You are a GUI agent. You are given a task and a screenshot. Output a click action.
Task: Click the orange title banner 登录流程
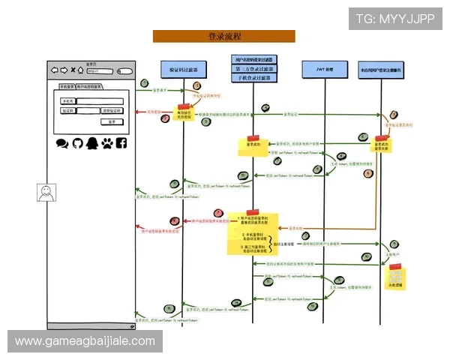[223, 36]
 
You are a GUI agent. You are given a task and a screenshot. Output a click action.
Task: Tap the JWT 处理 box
[323, 68]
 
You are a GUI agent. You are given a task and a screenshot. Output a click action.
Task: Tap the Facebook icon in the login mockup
[121, 142]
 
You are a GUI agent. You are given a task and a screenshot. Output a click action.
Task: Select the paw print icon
[106, 142]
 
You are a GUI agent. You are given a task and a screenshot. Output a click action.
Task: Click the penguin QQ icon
[91, 142]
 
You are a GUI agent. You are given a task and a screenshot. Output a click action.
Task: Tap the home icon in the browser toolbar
[81, 70]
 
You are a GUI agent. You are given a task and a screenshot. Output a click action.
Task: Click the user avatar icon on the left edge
[46, 192]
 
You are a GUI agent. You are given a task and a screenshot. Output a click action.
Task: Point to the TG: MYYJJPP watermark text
[394, 18]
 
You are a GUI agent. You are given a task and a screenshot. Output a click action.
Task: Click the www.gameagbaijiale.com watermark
[85, 341]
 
